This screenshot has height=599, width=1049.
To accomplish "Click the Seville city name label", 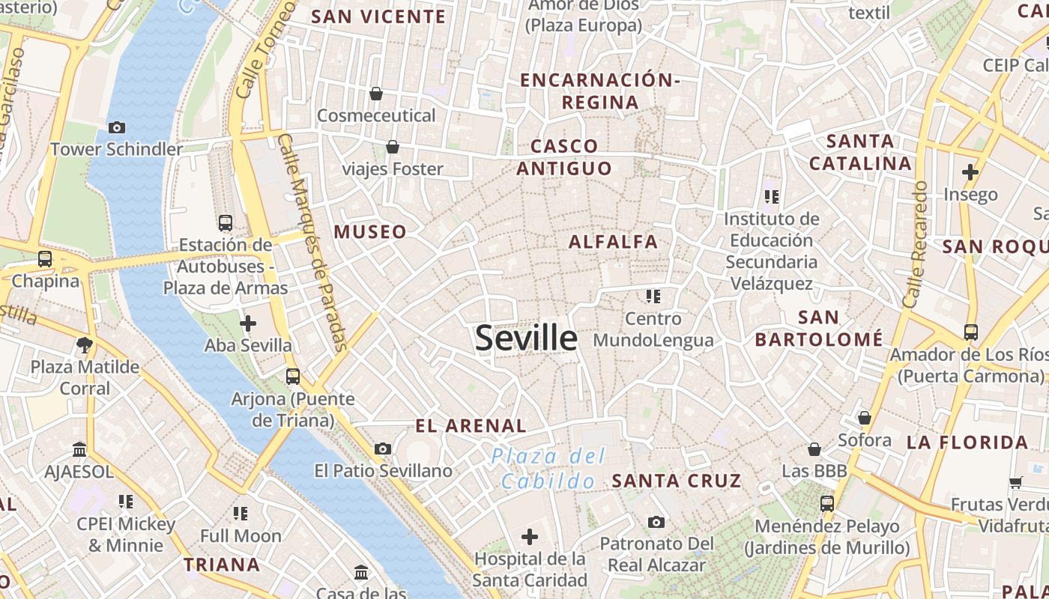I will point(526,338).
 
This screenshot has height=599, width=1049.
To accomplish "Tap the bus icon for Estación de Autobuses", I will point(225,222).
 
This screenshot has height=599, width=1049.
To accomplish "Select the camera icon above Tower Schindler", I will point(116,127).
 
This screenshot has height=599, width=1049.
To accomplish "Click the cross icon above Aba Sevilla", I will point(247,323).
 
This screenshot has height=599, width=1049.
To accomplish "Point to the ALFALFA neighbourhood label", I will point(613,242).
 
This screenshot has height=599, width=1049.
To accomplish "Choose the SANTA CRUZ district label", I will point(676,481).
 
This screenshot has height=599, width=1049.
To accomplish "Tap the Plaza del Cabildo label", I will point(548,469).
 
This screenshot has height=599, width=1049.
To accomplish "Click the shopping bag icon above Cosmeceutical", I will point(376,94).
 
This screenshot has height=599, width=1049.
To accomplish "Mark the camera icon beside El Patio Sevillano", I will point(383,449).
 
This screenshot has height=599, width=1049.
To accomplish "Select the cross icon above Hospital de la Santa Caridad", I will point(530,537).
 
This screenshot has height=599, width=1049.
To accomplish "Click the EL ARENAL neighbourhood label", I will point(471,426).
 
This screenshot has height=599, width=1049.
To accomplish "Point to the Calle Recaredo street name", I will point(916,244).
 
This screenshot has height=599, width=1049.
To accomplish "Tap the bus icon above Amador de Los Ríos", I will point(970,332).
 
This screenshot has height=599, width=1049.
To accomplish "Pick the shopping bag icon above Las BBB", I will point(814,449).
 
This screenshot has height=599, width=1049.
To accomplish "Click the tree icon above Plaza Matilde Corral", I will point(83,345).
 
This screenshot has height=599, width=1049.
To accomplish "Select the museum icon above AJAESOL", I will point(79,450).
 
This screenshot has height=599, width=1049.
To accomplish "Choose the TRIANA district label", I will point(222,565).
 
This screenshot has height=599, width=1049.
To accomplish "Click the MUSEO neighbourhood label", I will point(370,232).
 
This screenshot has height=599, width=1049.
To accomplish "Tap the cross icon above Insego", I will point(970,172).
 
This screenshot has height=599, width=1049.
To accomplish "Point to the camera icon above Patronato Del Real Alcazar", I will point(656,522).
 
